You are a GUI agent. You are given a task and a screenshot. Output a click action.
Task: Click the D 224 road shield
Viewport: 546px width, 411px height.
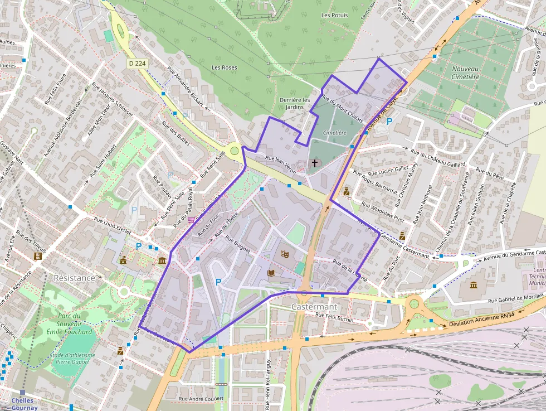(x=136, y=64)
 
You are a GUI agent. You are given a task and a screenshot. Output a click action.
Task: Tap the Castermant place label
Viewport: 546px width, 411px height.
(x=314, y=307)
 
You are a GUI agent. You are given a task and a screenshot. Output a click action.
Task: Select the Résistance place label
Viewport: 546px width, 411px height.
(x=74, y=278)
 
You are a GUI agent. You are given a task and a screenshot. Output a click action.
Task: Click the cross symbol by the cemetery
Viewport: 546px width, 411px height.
(x=315, y=163)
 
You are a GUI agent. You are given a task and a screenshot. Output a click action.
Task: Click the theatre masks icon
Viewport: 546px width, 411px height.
(x=285, y=254)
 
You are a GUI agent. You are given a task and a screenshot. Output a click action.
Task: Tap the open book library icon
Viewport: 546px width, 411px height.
(x=271, y=273)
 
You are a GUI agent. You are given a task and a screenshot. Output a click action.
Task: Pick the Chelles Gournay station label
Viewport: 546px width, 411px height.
(x=22, y=404)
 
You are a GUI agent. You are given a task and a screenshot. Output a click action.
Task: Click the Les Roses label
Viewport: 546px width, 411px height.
(x=224, y=67)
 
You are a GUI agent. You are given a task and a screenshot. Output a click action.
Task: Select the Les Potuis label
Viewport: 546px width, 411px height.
(x=334, y=15)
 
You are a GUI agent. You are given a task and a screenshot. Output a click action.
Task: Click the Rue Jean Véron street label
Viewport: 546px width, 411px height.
(x=281, y=163)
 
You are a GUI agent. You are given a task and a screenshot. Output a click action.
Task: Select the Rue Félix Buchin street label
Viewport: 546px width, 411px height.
(x=335, y=318)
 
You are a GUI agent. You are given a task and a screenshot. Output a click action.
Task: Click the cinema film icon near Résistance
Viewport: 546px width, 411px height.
(x=38, y=257)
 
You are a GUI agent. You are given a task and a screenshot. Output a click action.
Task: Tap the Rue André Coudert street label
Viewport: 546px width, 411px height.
(x=201, y=399)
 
